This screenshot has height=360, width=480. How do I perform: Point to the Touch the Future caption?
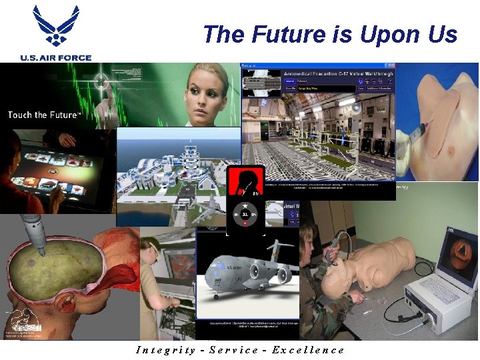click(x=43, y=115)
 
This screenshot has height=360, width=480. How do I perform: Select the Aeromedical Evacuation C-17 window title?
click(x=336, y=73)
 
